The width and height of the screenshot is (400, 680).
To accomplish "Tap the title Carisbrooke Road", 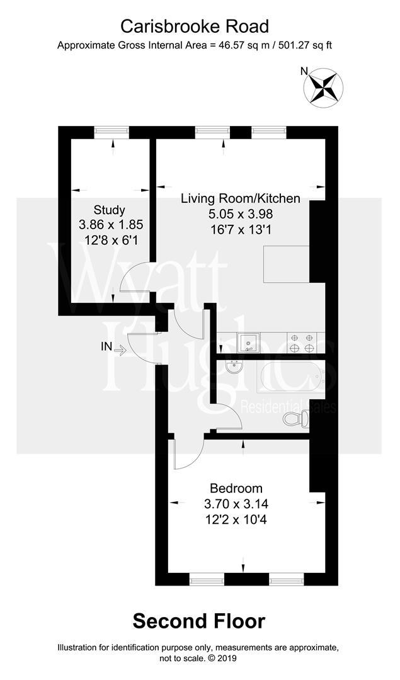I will (195, 26).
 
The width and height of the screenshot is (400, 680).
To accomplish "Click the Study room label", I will (110, 210).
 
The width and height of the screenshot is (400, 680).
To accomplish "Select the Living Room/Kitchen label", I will (240, 199).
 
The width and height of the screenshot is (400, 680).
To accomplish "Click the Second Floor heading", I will (199, 621).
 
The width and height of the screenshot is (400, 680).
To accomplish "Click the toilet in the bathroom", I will (296, 419).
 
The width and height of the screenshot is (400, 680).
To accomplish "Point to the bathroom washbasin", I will (234, 367).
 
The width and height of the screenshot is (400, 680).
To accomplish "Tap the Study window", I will (112, 132).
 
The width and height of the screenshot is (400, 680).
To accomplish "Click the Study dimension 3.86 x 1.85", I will (110, 224).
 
